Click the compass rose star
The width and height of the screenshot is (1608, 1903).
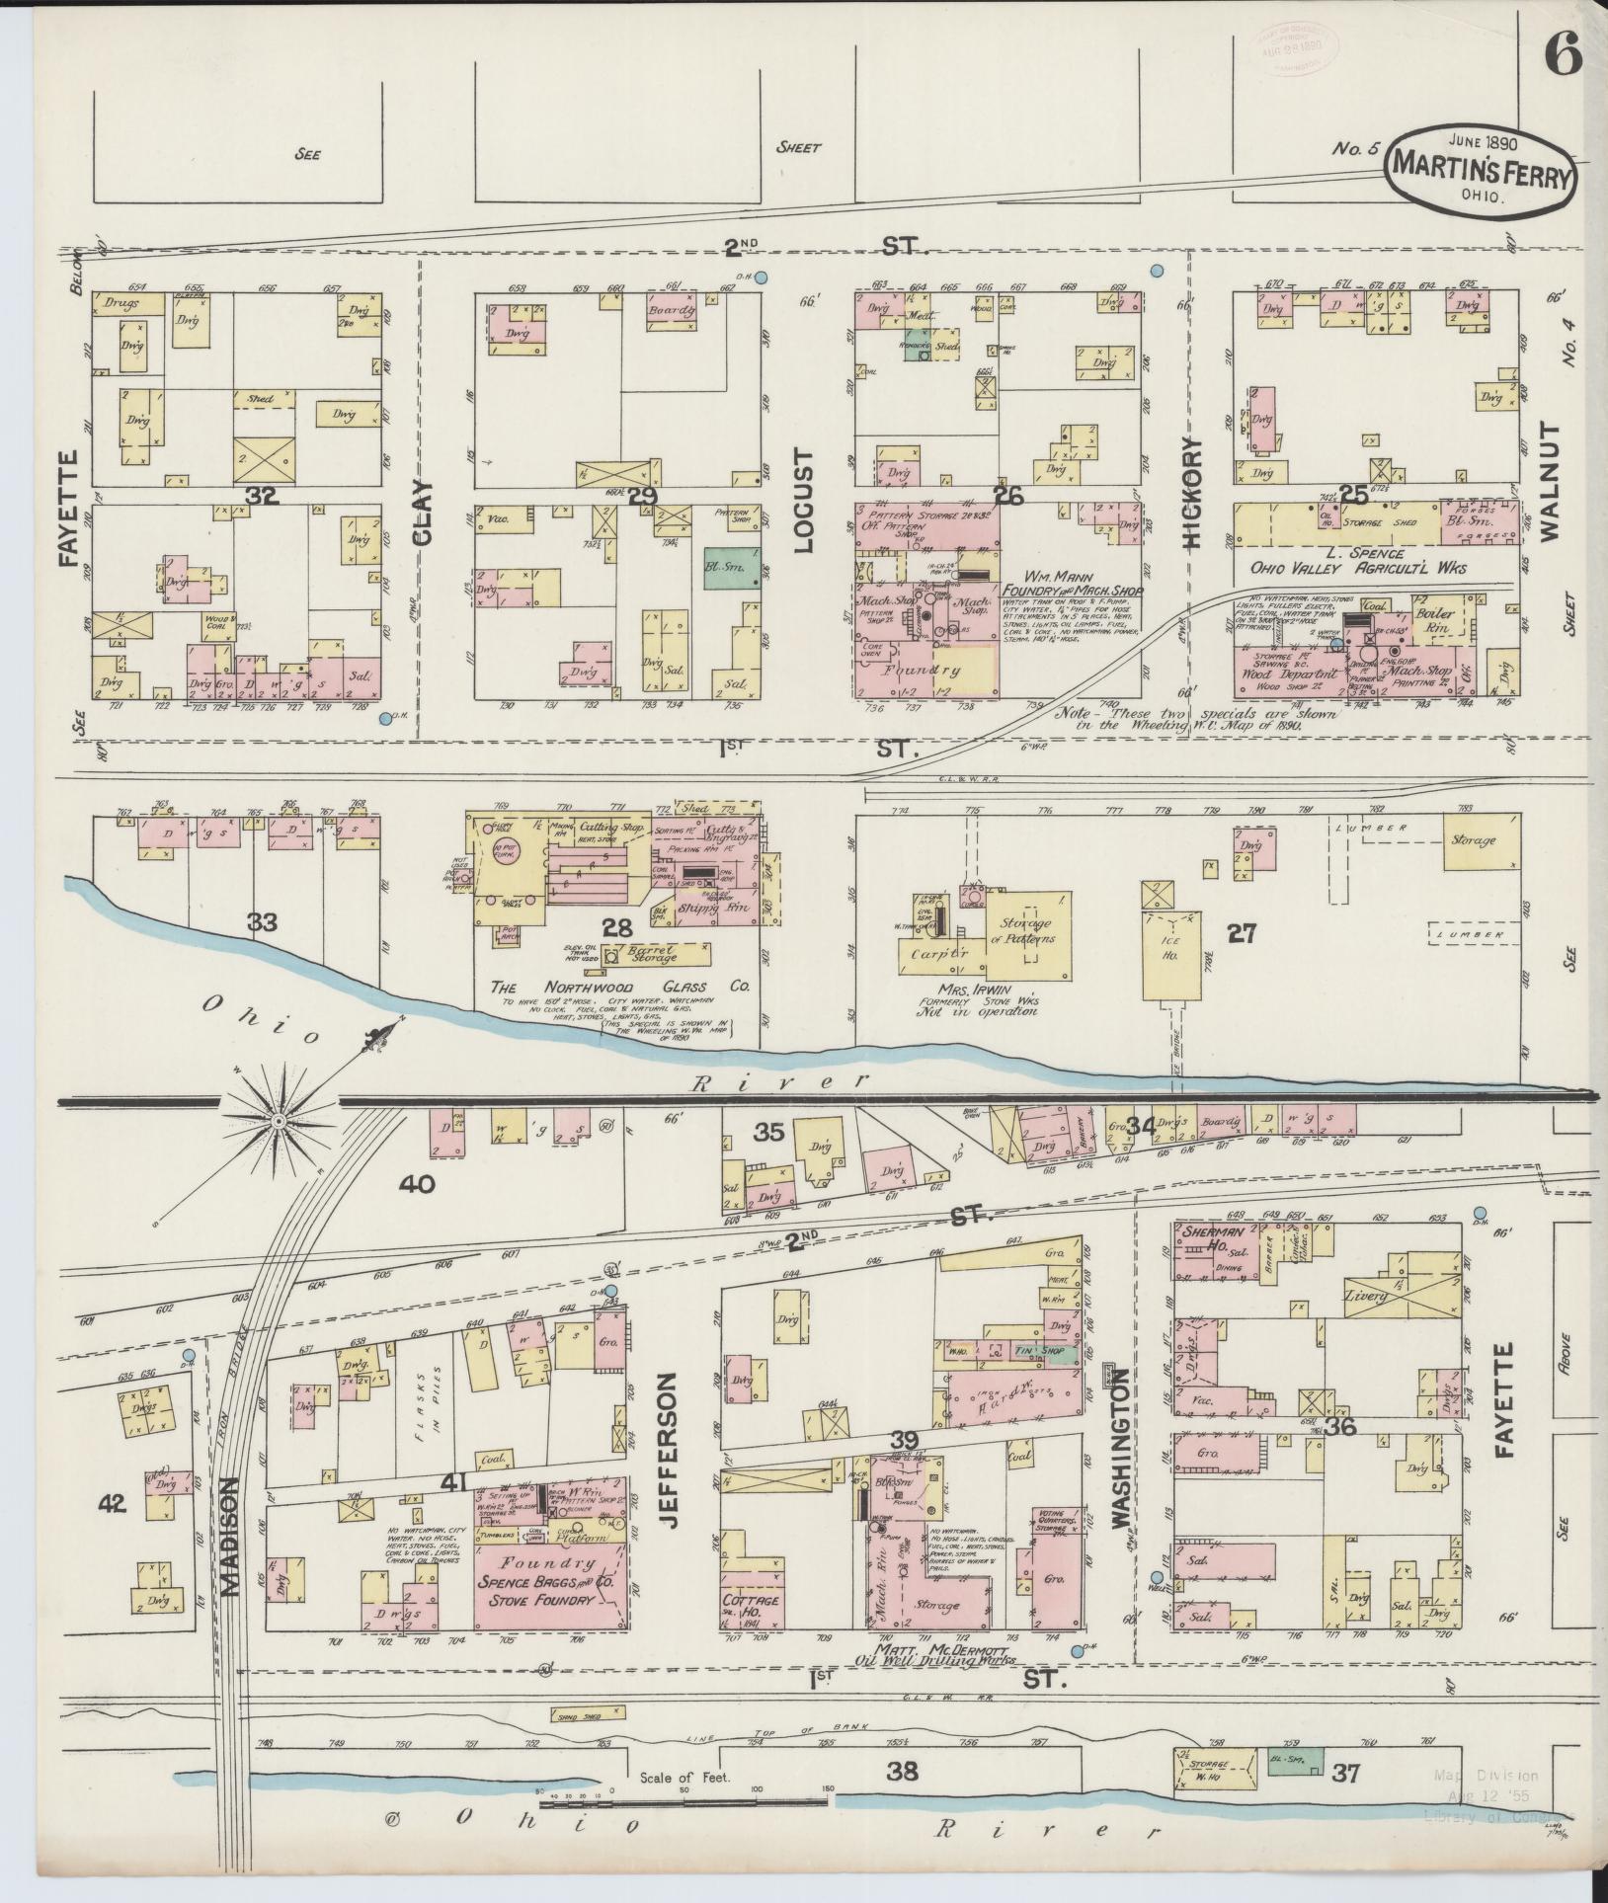280,1122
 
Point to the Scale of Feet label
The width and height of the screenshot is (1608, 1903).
683,1777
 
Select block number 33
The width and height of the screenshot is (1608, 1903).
263,922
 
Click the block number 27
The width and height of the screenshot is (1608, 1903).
1241,932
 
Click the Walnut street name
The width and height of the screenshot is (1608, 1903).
1547,481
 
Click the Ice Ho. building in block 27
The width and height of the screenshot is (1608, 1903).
1170,946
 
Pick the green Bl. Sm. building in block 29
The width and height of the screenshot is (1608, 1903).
732,569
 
